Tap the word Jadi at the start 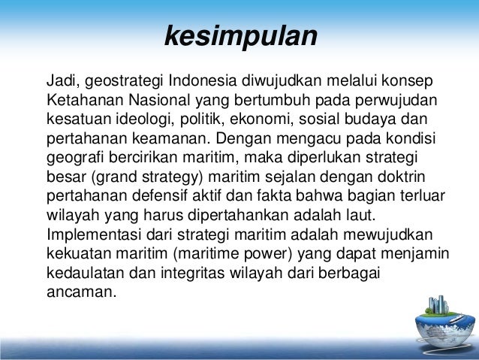point(62,80)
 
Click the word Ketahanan point(80,100)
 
